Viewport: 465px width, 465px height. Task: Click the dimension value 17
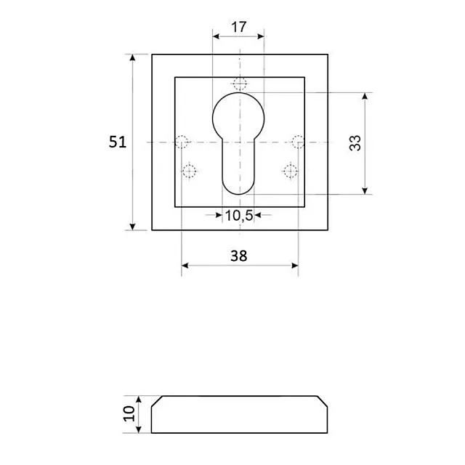(x=238, y=28)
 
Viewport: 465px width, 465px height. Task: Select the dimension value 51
(x=118, y=142)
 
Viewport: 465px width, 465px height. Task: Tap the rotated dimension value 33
(x=355, y=143)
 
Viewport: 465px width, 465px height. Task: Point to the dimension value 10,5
(x=238, y=215)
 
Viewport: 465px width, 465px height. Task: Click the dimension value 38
(x=238, y=255)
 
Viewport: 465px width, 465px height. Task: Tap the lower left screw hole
(x=190, y=172)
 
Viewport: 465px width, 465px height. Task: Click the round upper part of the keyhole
(x=239, y=116)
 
